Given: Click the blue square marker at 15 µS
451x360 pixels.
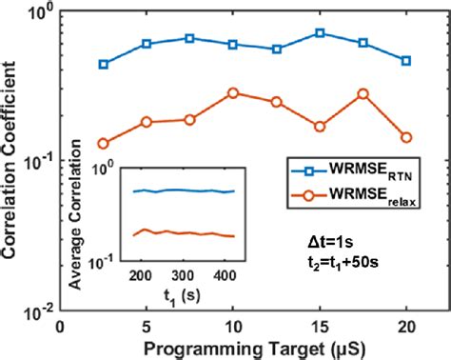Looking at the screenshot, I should (320, 33).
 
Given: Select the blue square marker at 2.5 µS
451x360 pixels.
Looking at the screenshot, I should (103, 64).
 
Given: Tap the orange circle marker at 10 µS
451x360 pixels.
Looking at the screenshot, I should (233, 93).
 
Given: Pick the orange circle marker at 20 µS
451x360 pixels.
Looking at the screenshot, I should (406, 137).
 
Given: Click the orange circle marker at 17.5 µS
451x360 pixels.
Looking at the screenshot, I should (363, 94).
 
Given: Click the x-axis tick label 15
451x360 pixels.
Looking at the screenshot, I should (320, 326).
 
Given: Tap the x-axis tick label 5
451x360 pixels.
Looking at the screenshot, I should (147, 326).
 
